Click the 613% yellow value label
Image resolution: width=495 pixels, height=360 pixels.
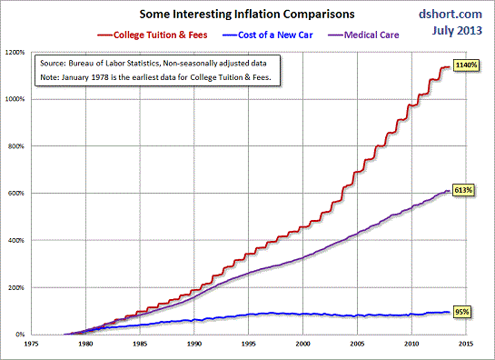pyautogui.click(x=463, y=192)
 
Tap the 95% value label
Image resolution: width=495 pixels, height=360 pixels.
pyautogui.click(x=461, y=313)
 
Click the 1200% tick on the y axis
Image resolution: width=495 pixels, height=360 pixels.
pyautogui.click(x=18, y=52)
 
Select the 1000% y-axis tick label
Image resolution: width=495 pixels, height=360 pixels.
pyautogui.click(x=18, y=99)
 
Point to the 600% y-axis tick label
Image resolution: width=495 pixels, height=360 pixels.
pyautogui.click(x=20, y=193)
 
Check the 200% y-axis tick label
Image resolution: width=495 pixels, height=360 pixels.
pyautogui.click(x=20, y=287)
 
